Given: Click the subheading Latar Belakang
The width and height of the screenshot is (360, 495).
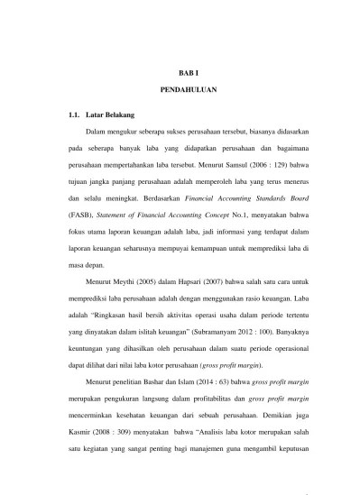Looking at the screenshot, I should pos(115,116).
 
